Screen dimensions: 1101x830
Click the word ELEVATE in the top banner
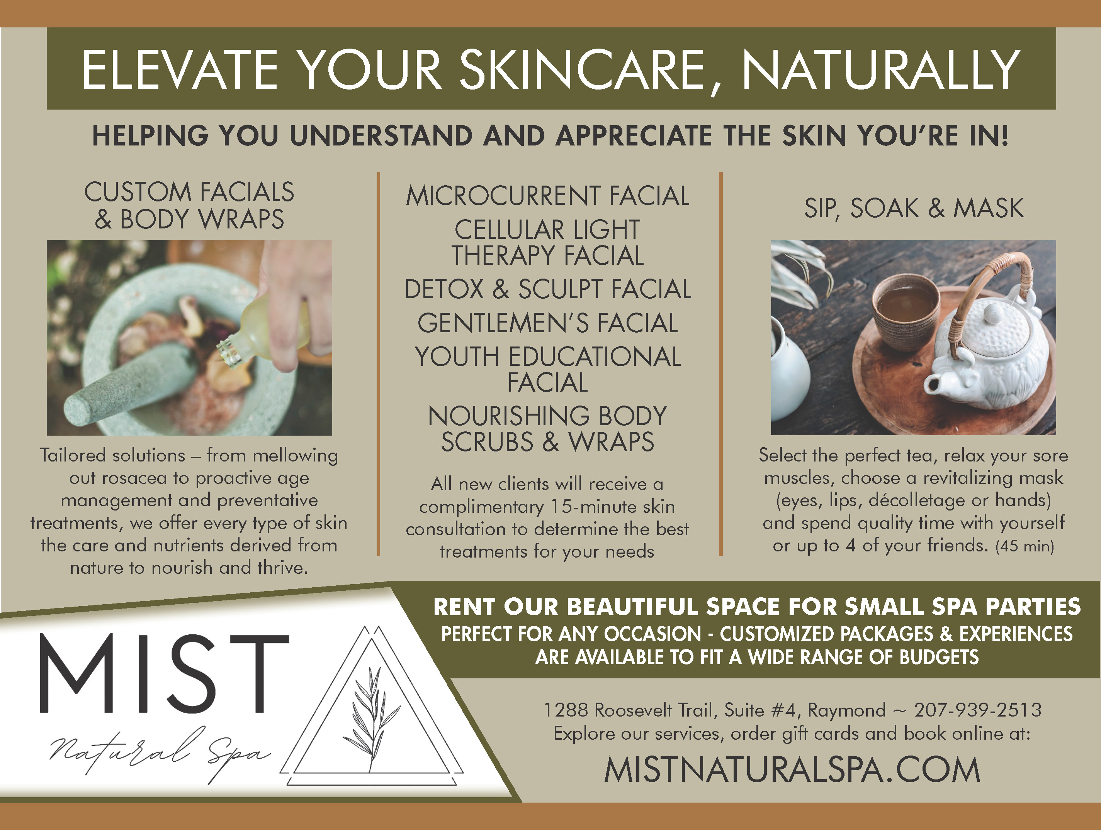tap(180, 69)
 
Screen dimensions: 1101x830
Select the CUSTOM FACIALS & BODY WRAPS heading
tap(189, 205)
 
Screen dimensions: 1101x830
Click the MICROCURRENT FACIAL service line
tap(547, 195)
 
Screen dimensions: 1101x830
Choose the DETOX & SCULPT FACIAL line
tap(547, 289)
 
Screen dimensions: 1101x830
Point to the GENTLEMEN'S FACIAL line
tap(547, 323)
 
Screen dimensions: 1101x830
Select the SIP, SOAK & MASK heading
tap(914, 208)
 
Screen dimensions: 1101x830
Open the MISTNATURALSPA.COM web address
tap(792, 770)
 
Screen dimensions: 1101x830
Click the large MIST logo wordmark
tap(164, 674)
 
